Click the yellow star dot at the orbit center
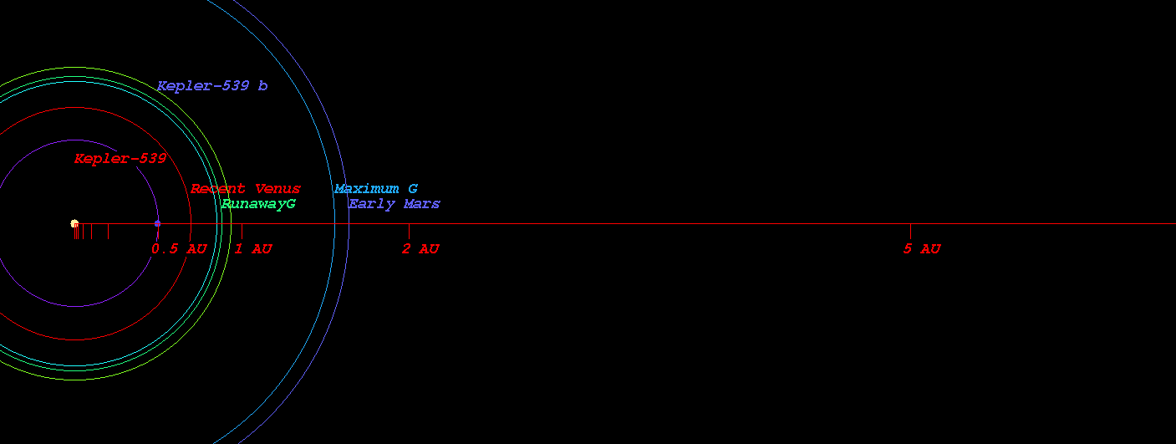pyautogui.click(x=74, y=223)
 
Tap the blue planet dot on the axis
pyautogui.click(x=157, y=224)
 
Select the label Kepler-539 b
pyautogui.click(x=212, y=85)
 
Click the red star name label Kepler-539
pyautogui.click(x=120, y=158)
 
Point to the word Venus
pyautogui.click(x=277, y=188)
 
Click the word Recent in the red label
pyautogui.click(x=218, y=188)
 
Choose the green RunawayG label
pyautogui.click(x=258, y=204)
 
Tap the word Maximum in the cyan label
pyautogui.click(x=366, y=188)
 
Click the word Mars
pyautogui.click(x=422, y=203)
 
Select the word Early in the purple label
pyautogui.click(x=372, y=204)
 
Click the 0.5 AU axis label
pyautogui.click(x=180, y=248)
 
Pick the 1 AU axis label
pyautogui.click(x=253, y=248)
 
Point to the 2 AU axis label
pyautogui.click(x=420, y=248)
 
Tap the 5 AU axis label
pyautogui.click(x=922, y=248)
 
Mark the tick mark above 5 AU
pyautogui.click(x=910, y=231)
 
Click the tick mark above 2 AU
pyautogui.click(x=409, y=231)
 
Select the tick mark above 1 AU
pyautogui.click(x=242, y=231)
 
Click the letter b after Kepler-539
pyautogui.click(x=262, y=85)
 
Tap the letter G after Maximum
pyautogui.click(x=413, y=188)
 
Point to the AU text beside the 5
pyautogui.click(x=929, y=248)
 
